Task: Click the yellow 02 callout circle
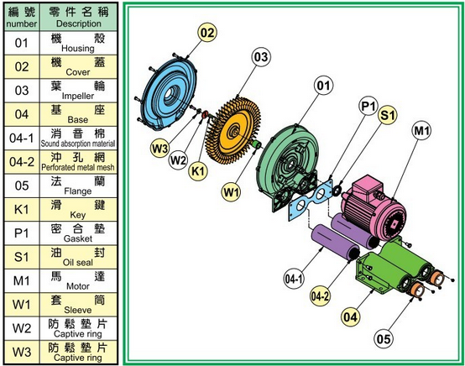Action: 207,33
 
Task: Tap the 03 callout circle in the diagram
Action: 261,56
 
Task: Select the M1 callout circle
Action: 421,130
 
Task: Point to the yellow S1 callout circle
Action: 387,114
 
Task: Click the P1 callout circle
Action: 368,106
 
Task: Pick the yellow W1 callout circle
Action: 231,192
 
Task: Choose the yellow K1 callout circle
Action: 198,171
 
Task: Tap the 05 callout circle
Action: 384,338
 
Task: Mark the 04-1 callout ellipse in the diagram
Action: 294,279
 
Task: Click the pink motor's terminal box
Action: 366,186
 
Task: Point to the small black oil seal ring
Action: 337,191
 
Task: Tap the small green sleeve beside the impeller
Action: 256,144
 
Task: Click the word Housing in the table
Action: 78,49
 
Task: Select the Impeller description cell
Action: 78,91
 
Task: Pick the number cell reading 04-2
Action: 22,162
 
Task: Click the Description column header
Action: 79,17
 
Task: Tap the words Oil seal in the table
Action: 78,263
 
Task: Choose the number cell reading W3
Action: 22,353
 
